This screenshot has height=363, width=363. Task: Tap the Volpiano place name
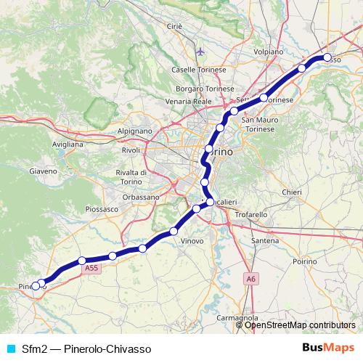coord(269,52)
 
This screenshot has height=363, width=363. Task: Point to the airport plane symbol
coord(201,52)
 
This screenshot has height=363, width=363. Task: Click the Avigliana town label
coord(68,144)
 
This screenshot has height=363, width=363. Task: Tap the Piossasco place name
coord(102,208)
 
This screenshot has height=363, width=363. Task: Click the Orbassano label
coord(139,197)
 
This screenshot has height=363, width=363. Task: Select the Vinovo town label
coord(192,240)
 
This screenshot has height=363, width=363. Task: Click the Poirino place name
coord(305,260)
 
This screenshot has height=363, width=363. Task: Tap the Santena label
coord(264,240)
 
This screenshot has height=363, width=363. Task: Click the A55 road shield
coord(91,269)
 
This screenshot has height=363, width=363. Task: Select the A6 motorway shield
coord(250,277)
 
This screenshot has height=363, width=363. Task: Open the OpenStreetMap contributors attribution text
coord(300,325)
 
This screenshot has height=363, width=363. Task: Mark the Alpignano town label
coord(134,131)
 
